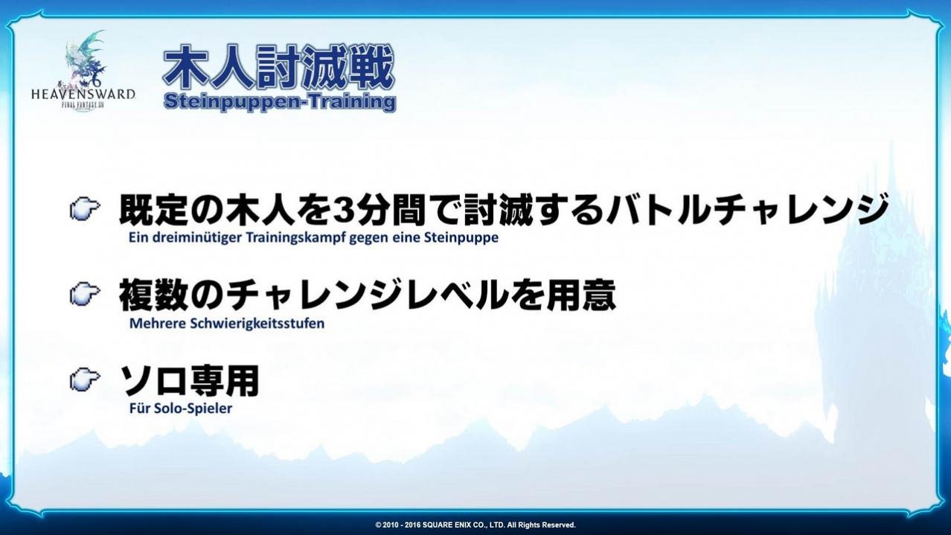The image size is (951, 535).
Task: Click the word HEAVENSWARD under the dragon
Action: tap(83, 94)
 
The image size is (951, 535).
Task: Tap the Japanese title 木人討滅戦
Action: tap(278, 67)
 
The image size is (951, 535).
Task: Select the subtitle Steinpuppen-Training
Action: tap(279, 103)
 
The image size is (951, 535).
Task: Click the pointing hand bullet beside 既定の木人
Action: tap(85, 209)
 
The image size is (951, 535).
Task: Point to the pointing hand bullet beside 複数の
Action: tap(85, 293)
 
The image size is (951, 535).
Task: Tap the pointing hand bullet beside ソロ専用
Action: tap(85, 379)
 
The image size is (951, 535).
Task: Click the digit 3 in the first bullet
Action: tap(342, 210)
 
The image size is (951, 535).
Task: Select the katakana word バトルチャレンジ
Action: tap(747, 210)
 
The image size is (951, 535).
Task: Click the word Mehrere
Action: tap(157, 323)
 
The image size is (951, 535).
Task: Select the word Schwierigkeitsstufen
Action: tap(257, 324)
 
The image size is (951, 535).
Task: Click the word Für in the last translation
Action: tap(140, 408)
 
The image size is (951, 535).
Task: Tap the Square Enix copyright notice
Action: tap(475, 525)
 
